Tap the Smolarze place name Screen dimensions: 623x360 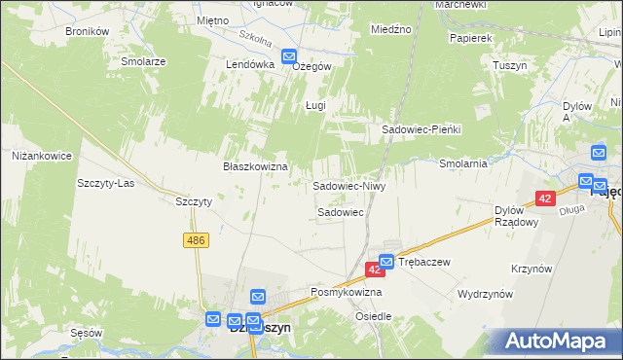(143, 60)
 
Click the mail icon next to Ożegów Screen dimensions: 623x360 (290, 57)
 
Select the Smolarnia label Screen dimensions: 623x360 (462, 163)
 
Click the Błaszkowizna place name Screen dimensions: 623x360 (255, 166)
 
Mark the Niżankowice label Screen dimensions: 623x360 (42, 155)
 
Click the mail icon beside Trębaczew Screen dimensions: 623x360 (386, 262)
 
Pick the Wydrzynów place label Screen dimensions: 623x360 (485, 292)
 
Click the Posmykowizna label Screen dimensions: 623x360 (346, 292)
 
